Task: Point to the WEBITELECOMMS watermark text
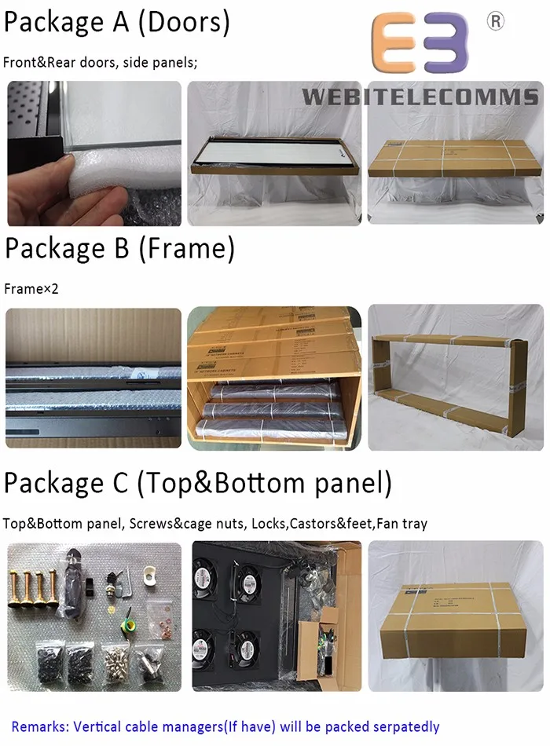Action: pyautogui.click(x=420, y=97)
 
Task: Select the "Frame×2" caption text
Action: pyautogui.click(x=31, y=289)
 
